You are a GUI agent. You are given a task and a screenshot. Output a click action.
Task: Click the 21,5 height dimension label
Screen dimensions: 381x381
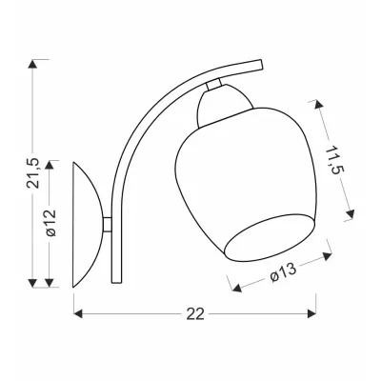coord(33,173)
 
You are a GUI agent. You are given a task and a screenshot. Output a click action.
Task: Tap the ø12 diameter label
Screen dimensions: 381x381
coord(50,223)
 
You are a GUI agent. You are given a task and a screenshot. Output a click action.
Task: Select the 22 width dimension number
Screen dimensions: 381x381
coord(195,314)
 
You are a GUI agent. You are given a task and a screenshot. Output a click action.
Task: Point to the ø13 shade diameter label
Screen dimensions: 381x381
coord(283,272)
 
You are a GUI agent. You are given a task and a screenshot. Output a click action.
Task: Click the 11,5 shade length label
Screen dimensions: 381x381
coord(332,160)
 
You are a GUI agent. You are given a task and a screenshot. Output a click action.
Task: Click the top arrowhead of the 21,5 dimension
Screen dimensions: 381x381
coord(32,64)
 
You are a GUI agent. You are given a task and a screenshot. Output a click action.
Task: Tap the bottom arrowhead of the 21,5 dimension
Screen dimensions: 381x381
coord(32,283)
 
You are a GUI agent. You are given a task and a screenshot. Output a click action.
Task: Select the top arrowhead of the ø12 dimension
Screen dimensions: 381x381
coord(50,165)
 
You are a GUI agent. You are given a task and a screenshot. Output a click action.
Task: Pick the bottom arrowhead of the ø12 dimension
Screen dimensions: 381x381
coord(50,283)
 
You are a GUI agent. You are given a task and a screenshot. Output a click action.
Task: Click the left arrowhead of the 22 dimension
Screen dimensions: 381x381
coord(78,313)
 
